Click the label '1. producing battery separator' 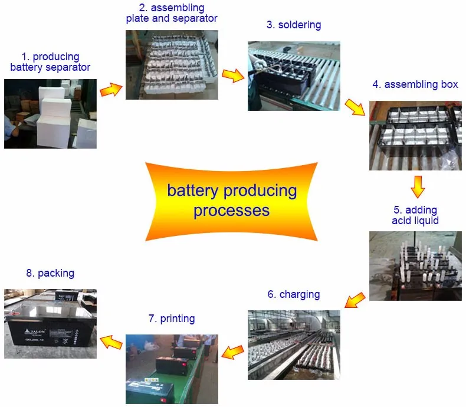(50, 62)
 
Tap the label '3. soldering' (294, 25)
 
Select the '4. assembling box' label (415, 84)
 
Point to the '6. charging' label (294, 294)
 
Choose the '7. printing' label (172, 319)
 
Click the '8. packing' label (50, 273)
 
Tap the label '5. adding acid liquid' (415, 215)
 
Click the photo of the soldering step (294, 76)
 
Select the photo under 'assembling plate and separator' (172, 64)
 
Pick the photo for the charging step (294, 344)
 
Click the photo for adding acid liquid (415, 265)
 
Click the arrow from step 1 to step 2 (111, 89)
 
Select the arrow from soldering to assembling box (354, 107)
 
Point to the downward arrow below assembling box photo (418, 186)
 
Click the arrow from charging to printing (232, 352)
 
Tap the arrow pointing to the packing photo (111, 340)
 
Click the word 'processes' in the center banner (231, 211)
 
